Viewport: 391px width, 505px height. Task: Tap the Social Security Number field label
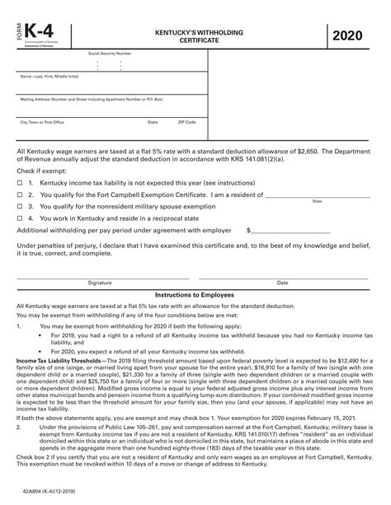coord(110,53)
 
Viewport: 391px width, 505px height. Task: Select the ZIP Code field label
coord(187,121)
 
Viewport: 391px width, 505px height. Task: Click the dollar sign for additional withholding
coord(249,231)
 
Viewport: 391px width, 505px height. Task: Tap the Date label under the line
coord(282,282)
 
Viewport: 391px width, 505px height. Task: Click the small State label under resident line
coord(317,201)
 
